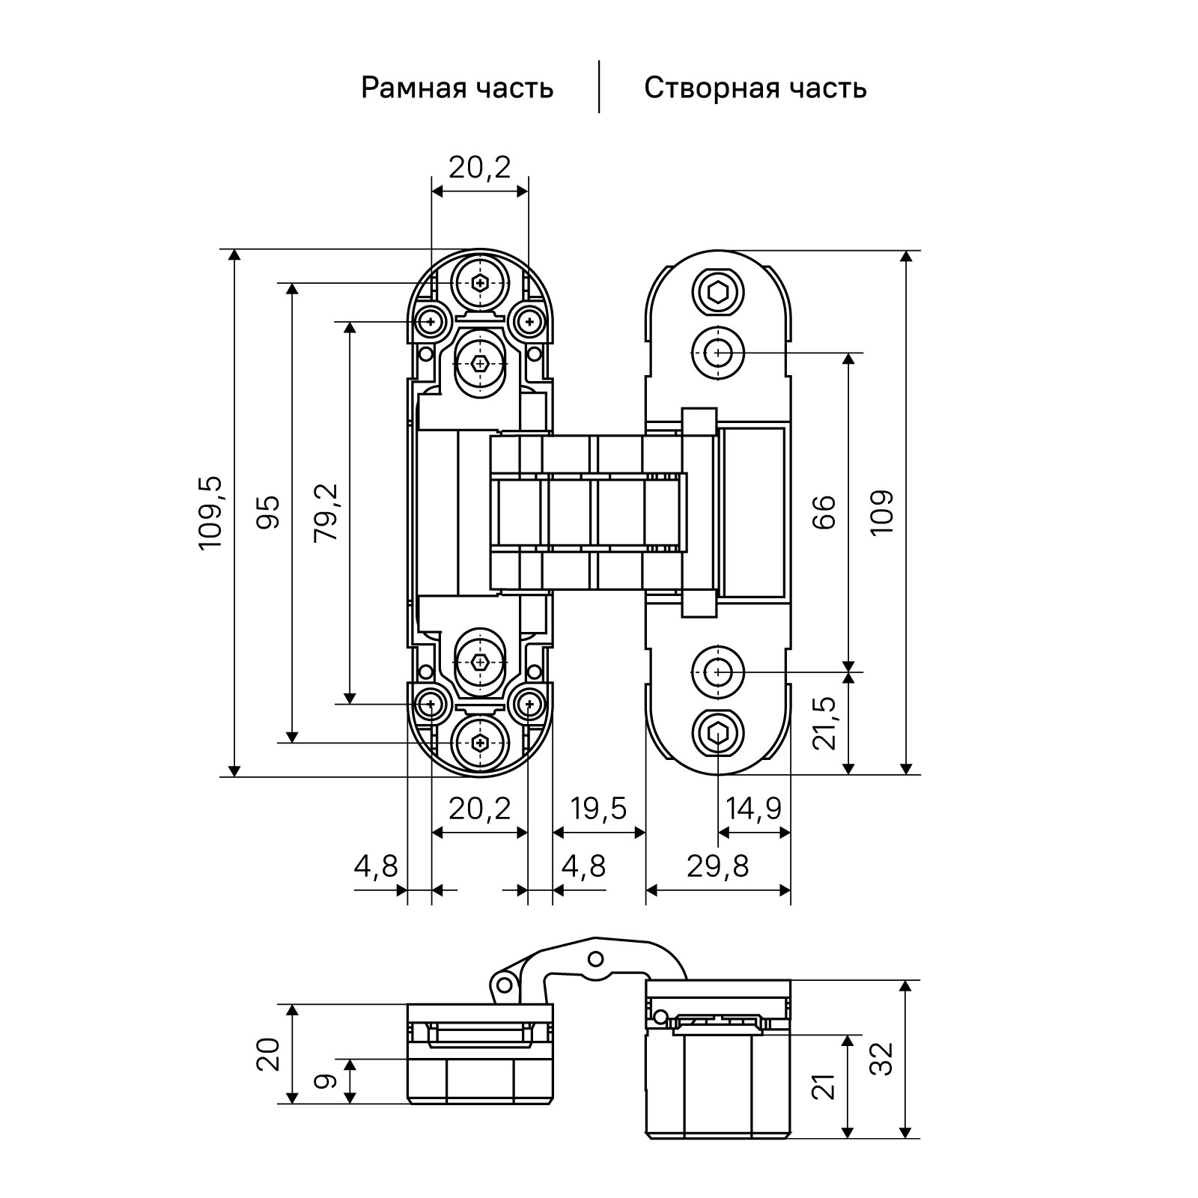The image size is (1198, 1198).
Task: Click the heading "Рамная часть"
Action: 457,88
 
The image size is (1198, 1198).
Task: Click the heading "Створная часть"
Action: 755,88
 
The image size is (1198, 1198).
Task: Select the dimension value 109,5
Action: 211,513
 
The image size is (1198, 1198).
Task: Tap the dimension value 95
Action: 268,512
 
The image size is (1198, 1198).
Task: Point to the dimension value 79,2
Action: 326,512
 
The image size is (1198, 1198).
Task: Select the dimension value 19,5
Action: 598,809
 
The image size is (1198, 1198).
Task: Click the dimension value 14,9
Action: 754,809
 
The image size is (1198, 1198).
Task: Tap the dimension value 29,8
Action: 717,866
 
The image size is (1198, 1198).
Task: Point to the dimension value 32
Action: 884,1059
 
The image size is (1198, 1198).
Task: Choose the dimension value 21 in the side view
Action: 824,1086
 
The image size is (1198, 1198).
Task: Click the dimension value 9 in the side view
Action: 326,1081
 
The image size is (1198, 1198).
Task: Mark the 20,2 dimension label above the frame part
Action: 479,167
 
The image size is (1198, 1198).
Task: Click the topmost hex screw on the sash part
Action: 718,291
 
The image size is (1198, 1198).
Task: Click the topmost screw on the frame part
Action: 480,282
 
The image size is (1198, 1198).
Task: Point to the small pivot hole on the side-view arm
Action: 595,958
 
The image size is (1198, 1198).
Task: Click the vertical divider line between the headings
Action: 599,87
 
